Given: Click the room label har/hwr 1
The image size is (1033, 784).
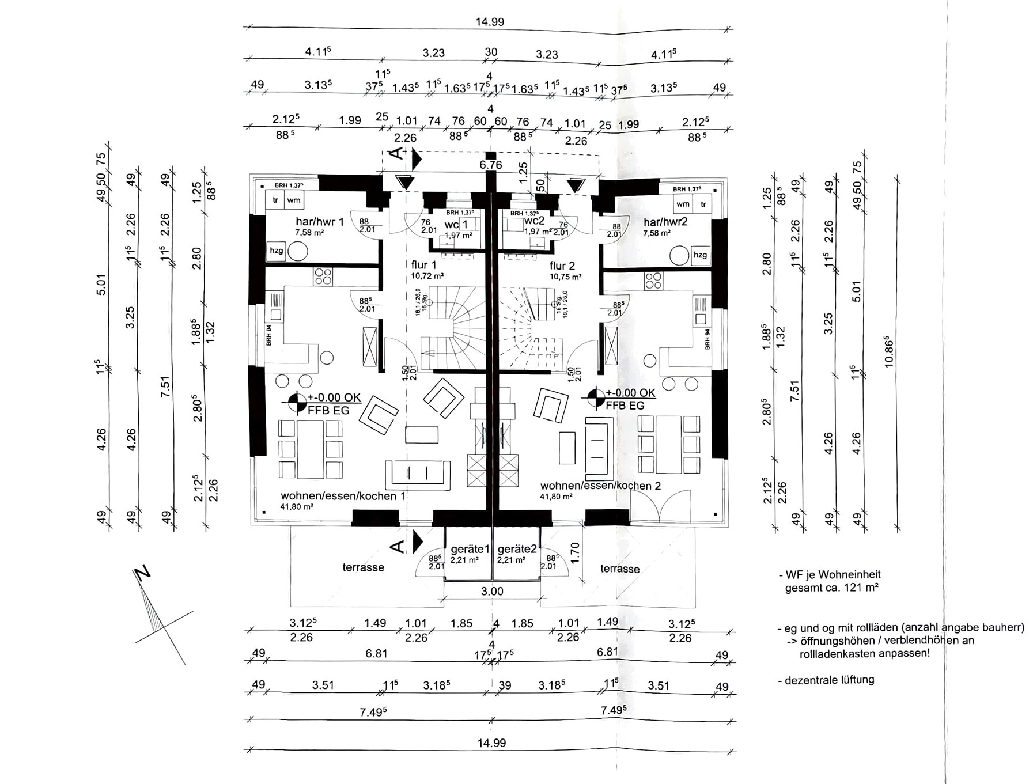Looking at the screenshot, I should (x=319, y=222).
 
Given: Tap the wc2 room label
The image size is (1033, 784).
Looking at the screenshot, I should (x=534, y=221).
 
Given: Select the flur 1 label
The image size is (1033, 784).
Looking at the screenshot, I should (x=423, y=265).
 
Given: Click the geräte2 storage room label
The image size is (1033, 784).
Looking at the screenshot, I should (x=517, y=550).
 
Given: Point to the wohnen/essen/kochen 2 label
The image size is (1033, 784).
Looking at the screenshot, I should (x=600, y=486).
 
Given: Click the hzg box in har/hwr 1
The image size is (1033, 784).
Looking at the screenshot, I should (x=277, y=251).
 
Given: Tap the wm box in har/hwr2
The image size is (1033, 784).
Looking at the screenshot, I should (x=683, y=204).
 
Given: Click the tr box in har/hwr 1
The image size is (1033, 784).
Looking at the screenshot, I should (x=275, y=200).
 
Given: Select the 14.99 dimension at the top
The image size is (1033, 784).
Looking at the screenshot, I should (x=490, y=22).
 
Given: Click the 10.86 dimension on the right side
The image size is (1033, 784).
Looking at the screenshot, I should (x=889, y=351).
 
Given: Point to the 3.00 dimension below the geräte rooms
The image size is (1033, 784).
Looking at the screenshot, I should (x=492, y=591).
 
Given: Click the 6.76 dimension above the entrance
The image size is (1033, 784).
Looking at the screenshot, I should (x=491, y=165).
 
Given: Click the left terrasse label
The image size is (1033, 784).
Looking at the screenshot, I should (x=363, y=567).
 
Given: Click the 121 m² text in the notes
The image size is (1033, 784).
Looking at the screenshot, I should (x=861, y=588).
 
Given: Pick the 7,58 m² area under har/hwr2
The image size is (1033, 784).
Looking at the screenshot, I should (x=657, y=233).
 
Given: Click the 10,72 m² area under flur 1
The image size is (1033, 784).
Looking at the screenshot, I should (x=427, y=276).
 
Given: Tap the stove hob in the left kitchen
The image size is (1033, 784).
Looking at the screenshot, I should (x=323, y=277).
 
